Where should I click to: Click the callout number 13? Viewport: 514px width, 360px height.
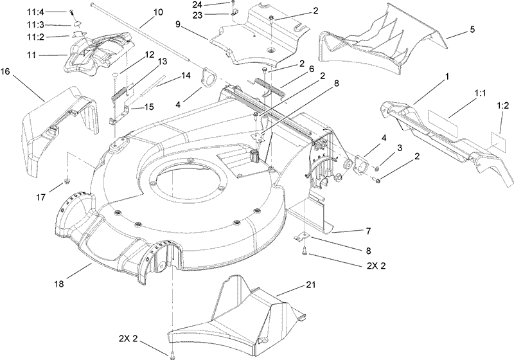tap(161, 62)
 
